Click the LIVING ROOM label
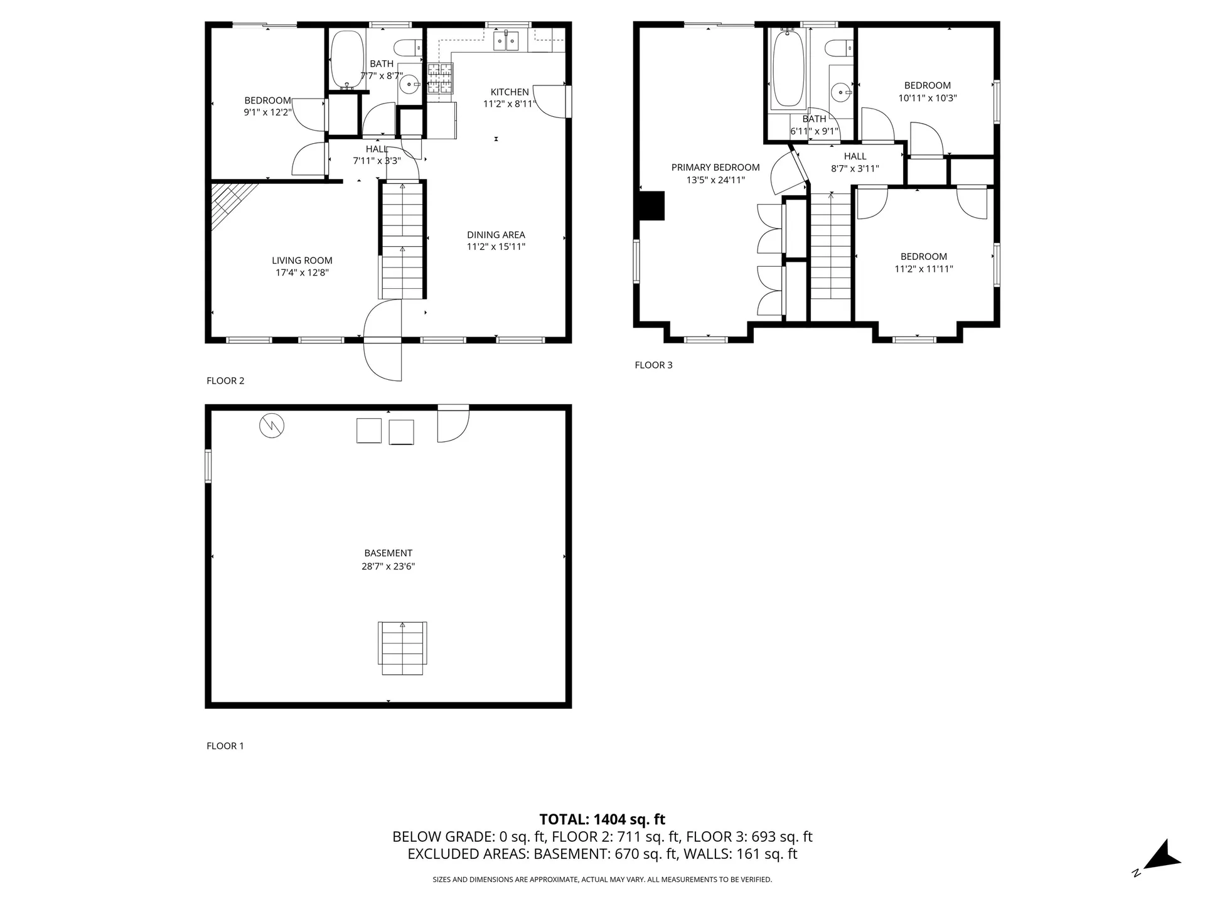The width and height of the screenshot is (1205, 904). click(302, 261)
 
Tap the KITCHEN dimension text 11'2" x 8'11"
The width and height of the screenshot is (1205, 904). click(509, 104)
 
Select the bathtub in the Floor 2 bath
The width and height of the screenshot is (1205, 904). click(347, 59)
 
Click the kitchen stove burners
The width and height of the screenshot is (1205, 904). click(441, 78)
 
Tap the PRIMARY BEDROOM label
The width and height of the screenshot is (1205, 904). click(715, 168)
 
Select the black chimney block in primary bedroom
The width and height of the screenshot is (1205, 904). click(651, 206)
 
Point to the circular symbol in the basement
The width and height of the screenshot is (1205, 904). click(272, 426)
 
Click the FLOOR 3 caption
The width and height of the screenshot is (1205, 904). click(653, 365)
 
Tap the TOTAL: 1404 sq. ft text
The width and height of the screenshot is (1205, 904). click(602, 819)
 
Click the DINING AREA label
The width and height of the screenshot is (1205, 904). click(496, 235)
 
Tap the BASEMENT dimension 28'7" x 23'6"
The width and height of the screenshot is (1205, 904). click(388, 566)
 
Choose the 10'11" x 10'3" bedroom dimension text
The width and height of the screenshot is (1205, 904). click(927, 98)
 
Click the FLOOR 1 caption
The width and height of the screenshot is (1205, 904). click(225, 746)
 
